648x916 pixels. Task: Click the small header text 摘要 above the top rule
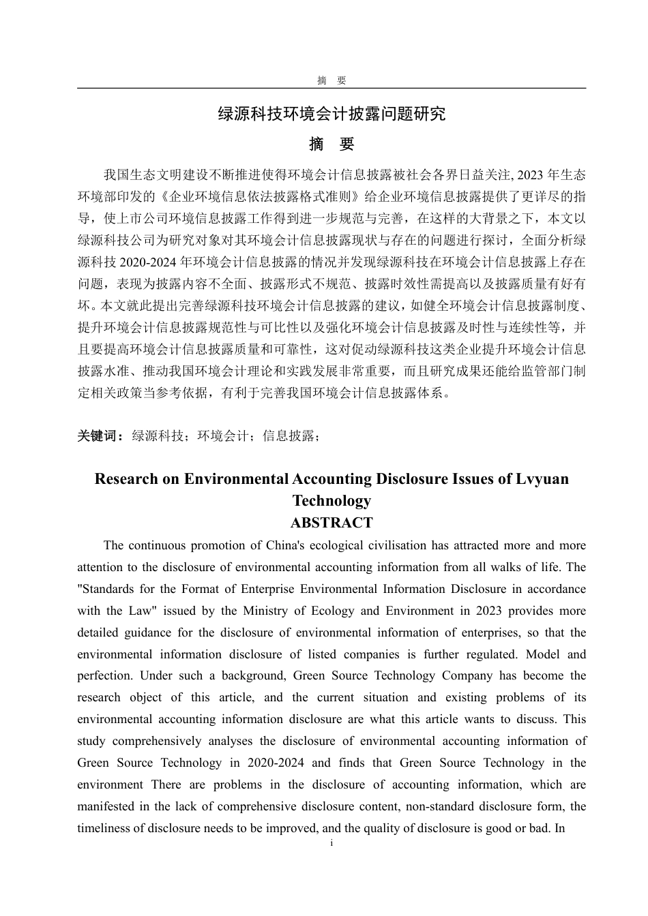coord(332,80)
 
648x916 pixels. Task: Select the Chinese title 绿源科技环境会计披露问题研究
coord(332,114)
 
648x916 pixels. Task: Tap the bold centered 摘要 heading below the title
coord(332,144)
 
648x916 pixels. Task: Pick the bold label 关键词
coord(100,436)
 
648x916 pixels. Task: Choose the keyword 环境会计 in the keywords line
coord(223,436)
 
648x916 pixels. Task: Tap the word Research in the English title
coord(126,478)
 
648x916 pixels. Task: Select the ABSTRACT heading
coord(332,523)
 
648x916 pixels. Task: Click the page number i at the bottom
coord(332,843)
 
